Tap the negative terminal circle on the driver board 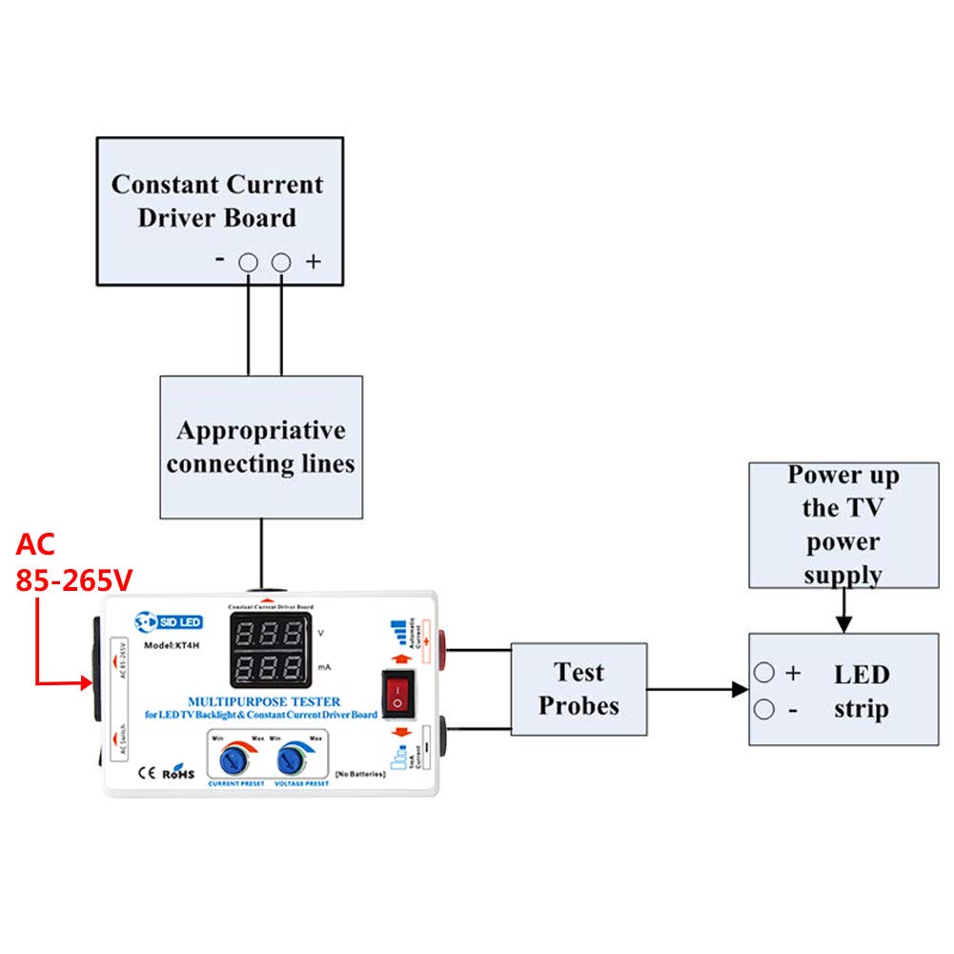point(249,262)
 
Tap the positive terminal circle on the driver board point(281,262)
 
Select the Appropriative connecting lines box point(260,446)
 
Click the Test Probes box point(578,688)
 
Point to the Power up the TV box point(842,524)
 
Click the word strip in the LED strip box point(861,709)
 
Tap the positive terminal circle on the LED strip point(764,673)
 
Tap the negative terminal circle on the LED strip point(764,708)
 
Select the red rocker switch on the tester point(399,693)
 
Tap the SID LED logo point(169,621)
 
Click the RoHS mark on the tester point(177,773)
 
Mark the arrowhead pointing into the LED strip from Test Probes point(739,689)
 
